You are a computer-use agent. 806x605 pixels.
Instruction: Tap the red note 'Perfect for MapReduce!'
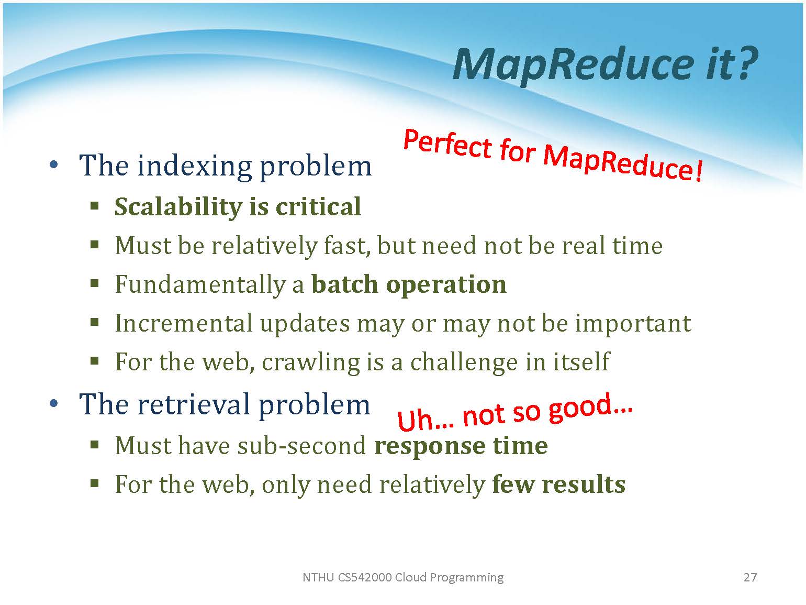553,156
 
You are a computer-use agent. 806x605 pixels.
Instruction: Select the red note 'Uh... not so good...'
515,411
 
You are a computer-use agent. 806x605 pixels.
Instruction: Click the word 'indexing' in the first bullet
195,166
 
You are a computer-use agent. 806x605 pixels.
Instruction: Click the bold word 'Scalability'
178,206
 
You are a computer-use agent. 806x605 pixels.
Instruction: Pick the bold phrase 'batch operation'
409,285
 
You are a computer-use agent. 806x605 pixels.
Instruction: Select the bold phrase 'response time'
461,446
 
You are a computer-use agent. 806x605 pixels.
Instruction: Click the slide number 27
750,577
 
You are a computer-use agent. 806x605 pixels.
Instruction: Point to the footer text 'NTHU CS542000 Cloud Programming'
403,577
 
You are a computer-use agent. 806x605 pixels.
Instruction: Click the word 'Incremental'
184,323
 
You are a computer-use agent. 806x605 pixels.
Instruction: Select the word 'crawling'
311,363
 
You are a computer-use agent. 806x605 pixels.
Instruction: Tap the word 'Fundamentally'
200,285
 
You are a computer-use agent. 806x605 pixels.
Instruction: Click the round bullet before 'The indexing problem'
53,164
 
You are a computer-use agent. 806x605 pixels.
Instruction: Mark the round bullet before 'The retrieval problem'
53,403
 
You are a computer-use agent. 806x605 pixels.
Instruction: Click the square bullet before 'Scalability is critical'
95,205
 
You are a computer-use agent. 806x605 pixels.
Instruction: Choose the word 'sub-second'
302,446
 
